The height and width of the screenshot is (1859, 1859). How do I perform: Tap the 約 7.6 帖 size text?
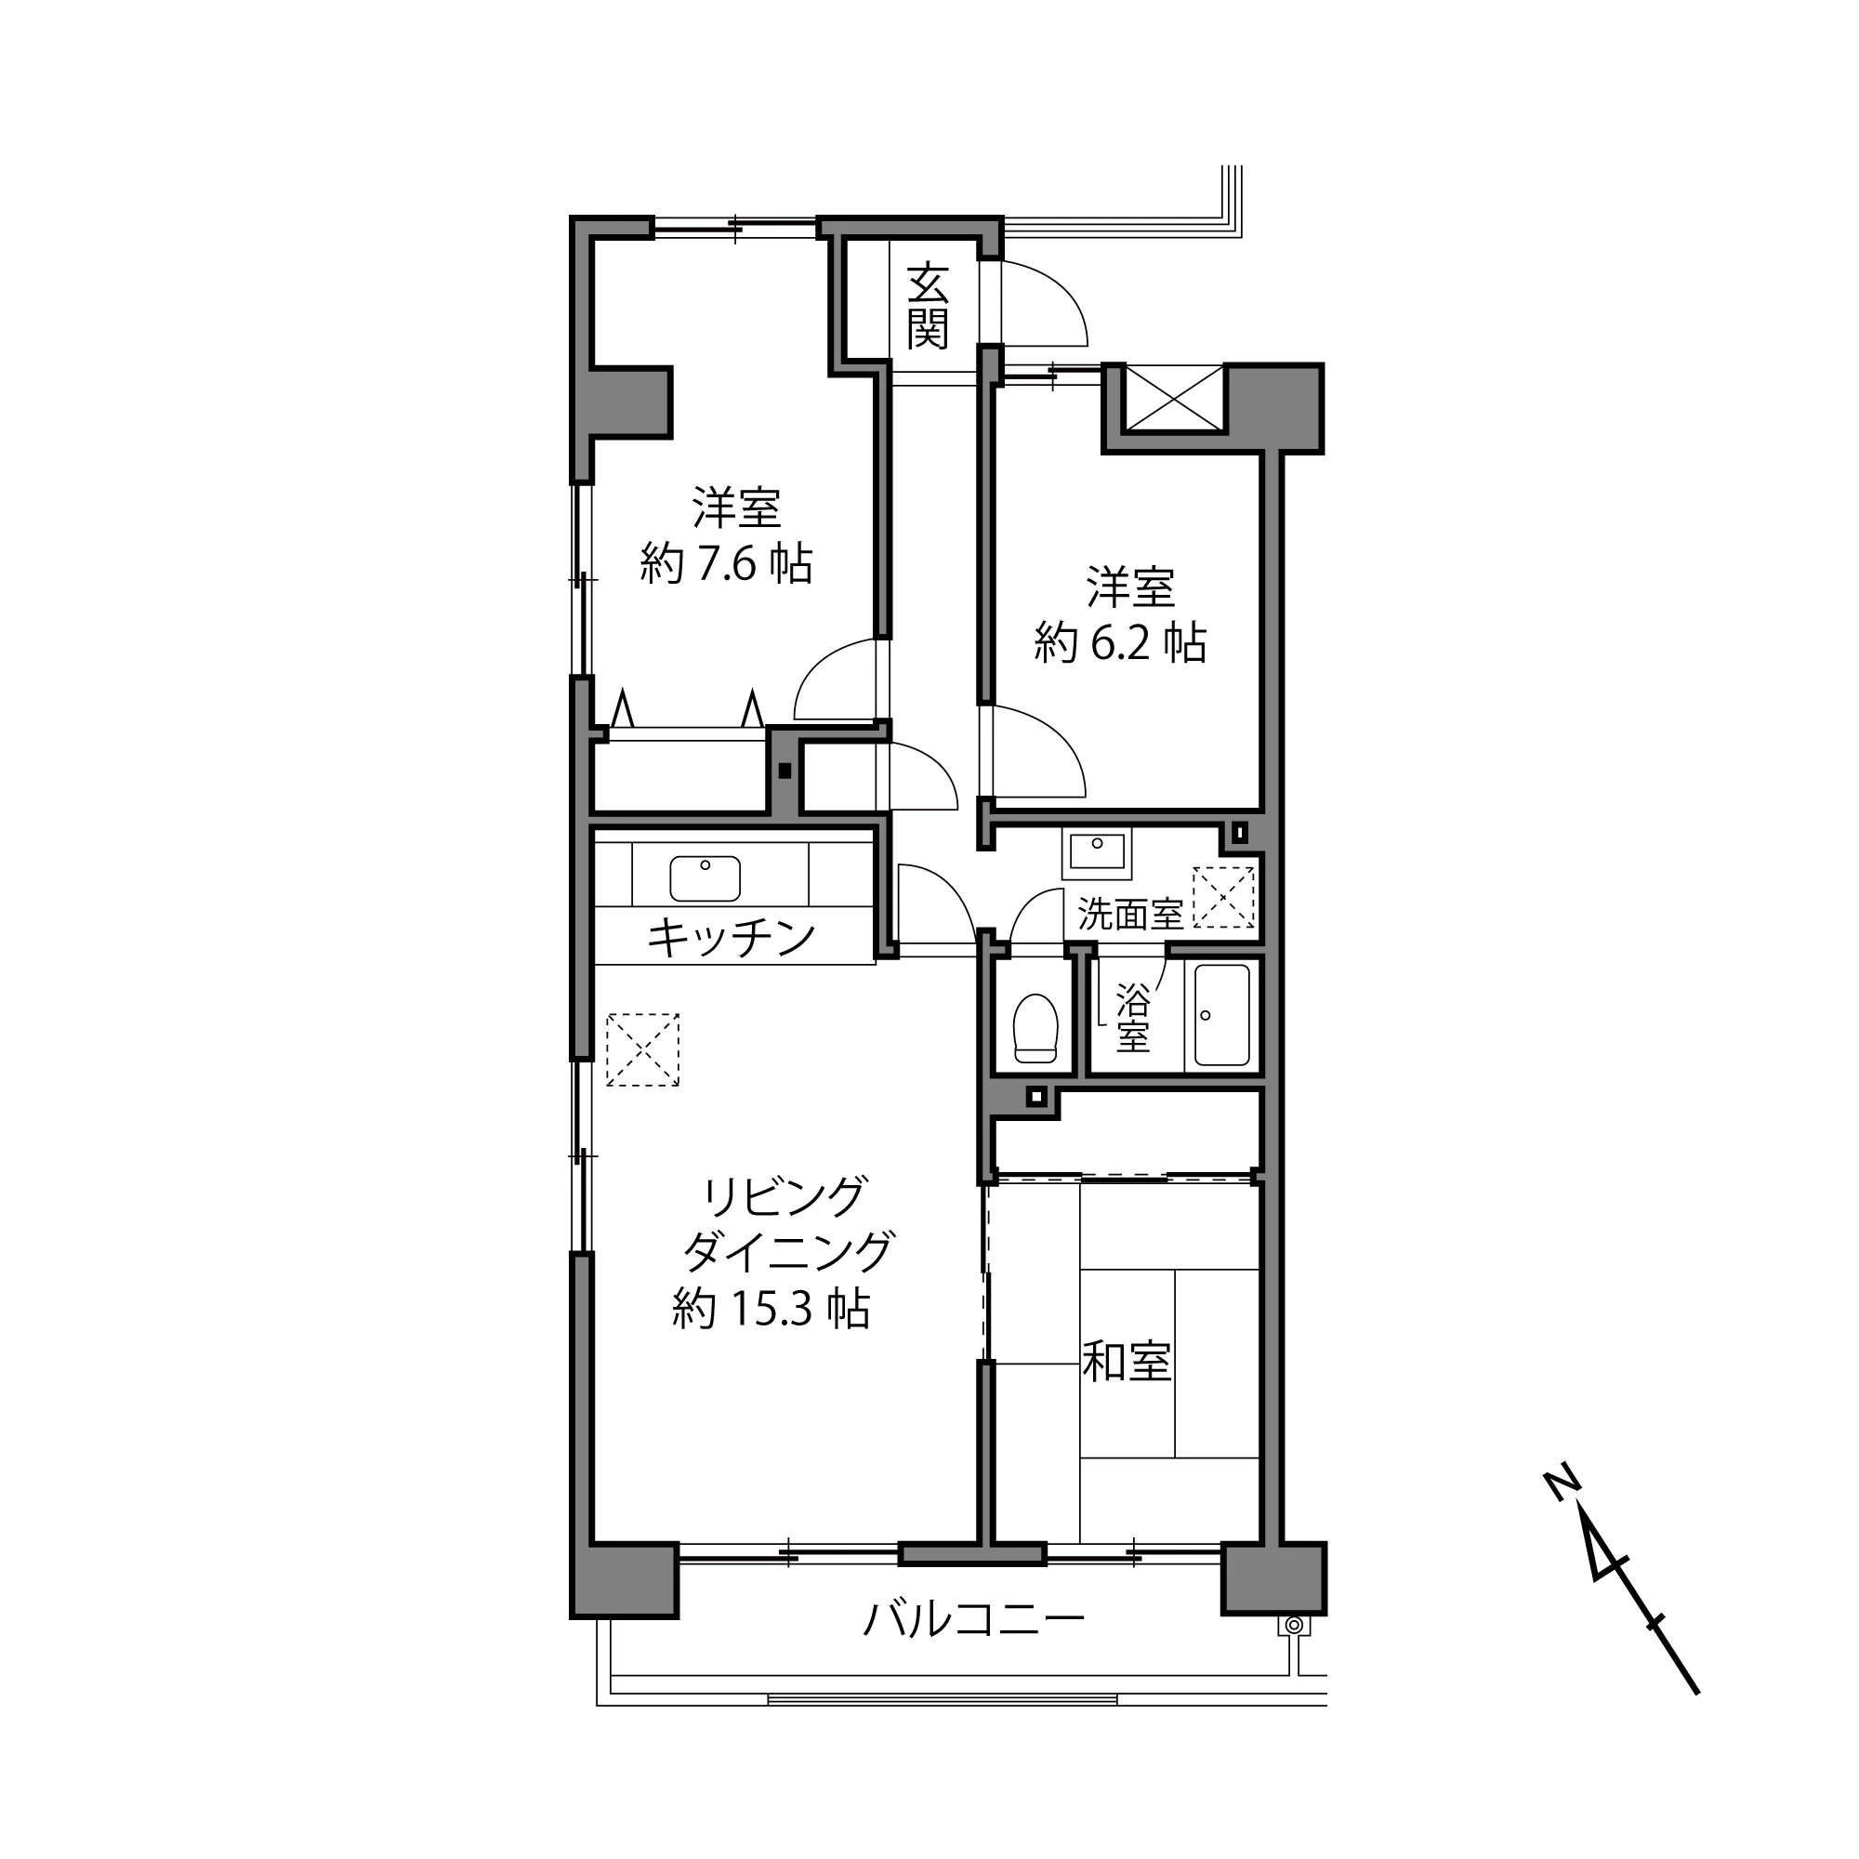(727, 564)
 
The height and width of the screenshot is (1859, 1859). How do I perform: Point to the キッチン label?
(732, 937)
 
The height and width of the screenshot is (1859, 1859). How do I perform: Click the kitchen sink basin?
(705, 877)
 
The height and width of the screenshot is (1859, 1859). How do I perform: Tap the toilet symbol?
(1035, 1028)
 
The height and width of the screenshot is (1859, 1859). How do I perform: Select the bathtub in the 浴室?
(1221, 1015)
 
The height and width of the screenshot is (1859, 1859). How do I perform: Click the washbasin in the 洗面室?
(1097, 852)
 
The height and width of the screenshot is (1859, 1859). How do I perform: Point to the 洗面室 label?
(1129, 914)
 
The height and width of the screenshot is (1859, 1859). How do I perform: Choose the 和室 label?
(1127, 1362)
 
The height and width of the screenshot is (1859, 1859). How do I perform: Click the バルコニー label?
(974, 1619)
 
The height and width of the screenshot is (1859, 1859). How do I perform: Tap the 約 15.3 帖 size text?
(771, 1309)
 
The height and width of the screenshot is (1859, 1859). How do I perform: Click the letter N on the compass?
(1562, 1483)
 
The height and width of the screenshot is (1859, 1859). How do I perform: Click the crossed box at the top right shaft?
(1174, 399)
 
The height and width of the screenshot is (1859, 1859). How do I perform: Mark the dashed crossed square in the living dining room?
(643, 1048)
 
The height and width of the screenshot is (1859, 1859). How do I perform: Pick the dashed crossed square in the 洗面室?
(1223, 897)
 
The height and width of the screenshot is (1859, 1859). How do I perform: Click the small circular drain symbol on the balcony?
(1294, 1626)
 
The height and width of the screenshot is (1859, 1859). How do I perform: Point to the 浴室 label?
(1132, 1019)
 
